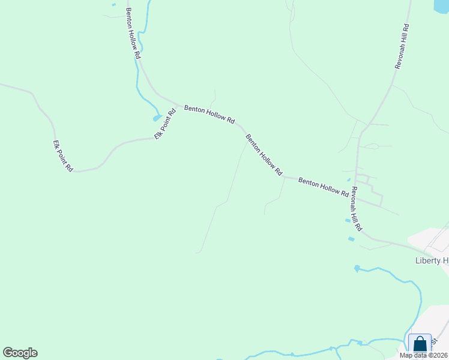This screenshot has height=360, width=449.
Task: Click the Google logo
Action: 20,353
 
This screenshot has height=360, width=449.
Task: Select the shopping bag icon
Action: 420,344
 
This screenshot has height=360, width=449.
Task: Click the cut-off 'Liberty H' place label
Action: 432,260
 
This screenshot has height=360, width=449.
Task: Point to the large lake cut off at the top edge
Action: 441,6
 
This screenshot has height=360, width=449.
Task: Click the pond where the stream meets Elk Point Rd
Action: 157,118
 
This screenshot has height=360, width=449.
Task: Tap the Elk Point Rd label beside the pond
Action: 164,124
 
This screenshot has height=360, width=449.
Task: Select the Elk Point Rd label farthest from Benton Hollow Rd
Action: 62,156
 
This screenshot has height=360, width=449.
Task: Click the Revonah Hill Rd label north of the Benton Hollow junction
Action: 402,47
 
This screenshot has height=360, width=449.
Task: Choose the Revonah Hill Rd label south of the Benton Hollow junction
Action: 357,209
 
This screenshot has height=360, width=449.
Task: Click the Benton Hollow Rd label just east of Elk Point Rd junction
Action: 209,113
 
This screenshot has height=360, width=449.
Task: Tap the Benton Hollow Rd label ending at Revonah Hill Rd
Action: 324,187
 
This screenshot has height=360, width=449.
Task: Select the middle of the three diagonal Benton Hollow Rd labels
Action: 264,155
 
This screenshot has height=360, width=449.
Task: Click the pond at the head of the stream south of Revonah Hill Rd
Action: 357,268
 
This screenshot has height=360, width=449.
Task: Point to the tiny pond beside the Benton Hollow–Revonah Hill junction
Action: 349,179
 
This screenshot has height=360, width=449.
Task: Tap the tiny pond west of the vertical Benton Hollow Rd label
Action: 113,5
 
